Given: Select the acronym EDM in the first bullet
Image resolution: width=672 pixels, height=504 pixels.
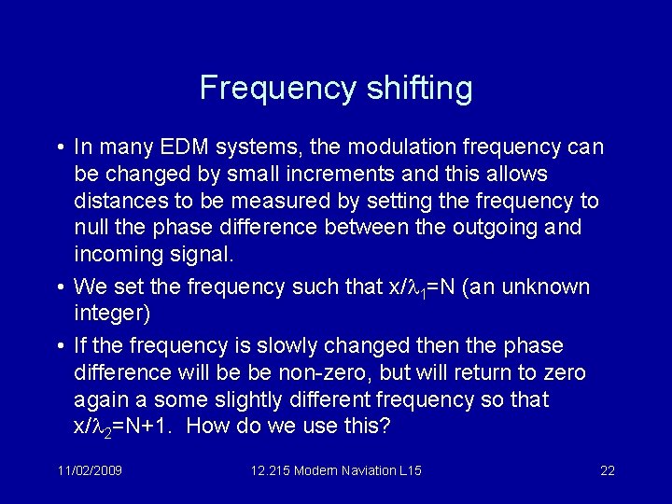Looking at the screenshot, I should click(195, 147).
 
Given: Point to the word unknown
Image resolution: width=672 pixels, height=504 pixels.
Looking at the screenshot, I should click(552, 286).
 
